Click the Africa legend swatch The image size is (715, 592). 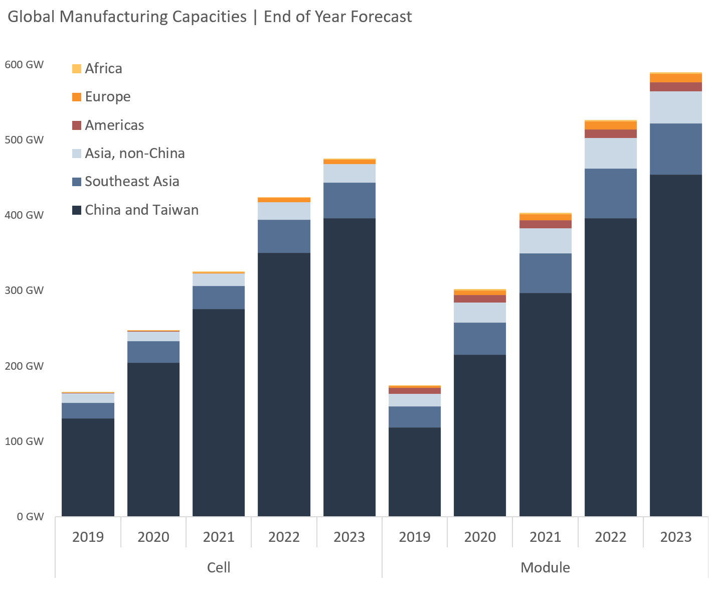tap(77, 69)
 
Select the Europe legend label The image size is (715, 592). tap(107, 97)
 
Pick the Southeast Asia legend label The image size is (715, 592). tap(132, 182)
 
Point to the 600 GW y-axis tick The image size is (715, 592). tap(24, 65)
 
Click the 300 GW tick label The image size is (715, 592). tap(24, 290)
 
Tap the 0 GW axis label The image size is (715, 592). tap(30, 517)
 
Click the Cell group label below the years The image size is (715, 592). tap(219, 568)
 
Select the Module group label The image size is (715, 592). tap(545, 568)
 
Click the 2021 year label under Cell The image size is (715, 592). tap(219, 537)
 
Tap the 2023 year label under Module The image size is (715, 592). tap(675, 537)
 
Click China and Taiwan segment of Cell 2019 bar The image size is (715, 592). tap(88, 467)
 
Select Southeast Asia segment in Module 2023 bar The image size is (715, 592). tap(675, 149)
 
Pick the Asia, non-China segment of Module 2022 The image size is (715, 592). tap(610, 154)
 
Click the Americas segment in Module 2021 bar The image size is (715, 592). tap(545, 224)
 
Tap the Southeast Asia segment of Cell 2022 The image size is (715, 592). tap(284, 236)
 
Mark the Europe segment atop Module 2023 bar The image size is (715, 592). tap(675, 78)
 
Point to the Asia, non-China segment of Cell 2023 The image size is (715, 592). tap(349, 174)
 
